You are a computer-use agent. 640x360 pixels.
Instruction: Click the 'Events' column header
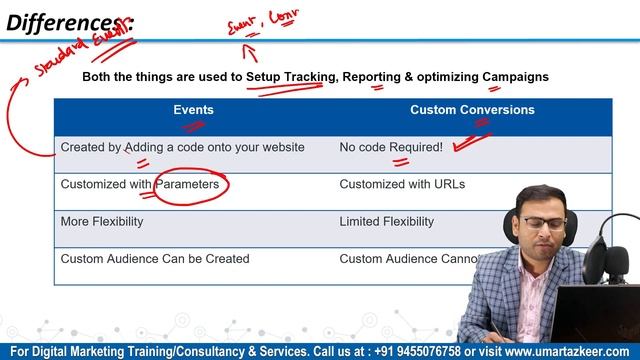coord(193,110)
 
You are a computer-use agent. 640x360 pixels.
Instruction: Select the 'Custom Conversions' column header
coord(472,110)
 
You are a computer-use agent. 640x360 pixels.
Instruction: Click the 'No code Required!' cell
coord(391,147)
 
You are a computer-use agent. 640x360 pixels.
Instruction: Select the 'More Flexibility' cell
coord(102,221)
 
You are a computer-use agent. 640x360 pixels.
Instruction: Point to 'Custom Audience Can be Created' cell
coord(155,259)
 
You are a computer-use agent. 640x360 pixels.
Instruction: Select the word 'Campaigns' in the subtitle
coord(516,77)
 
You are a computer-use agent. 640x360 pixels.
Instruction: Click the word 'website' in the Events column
coord(281,147)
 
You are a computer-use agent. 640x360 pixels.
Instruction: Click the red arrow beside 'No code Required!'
coord(469,140)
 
